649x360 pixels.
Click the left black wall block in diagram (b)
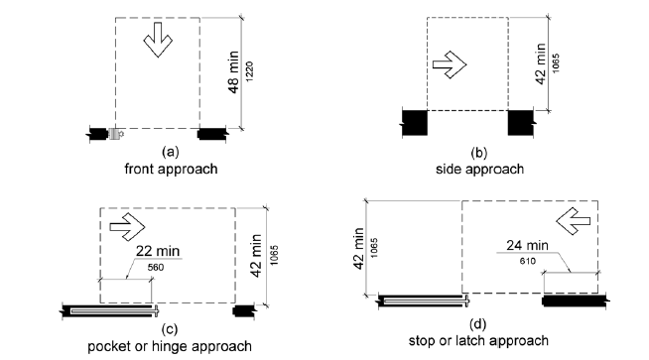[414, 123]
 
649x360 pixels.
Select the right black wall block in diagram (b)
[521, 123]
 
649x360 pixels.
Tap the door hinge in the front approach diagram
[116, 131]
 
